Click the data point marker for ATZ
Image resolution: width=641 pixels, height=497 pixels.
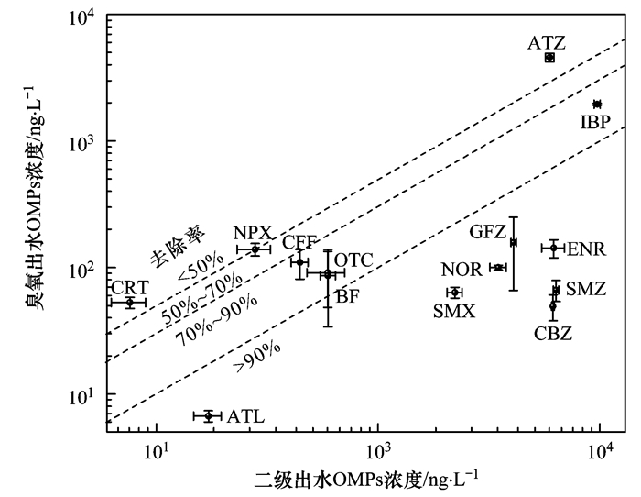point(549,57)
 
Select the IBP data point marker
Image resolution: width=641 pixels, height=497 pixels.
point(597,104)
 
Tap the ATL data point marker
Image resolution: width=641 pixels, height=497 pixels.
point(209,415)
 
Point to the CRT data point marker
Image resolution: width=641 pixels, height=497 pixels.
point(129,302)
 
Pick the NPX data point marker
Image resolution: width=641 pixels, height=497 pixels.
point(255,248)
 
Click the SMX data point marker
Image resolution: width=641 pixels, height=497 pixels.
point(454,293)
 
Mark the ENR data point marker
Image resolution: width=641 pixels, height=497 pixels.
point(554,248)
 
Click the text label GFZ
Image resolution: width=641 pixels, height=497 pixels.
point(488,231)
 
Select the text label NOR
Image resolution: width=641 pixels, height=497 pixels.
point(461,270)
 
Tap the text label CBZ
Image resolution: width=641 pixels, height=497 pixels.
point(553,334)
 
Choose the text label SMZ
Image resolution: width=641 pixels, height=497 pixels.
point(585,289)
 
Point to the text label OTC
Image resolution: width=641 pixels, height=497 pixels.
point(353,260)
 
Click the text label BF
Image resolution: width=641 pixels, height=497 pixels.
point(347,295)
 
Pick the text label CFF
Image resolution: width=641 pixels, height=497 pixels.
point(299,242)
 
